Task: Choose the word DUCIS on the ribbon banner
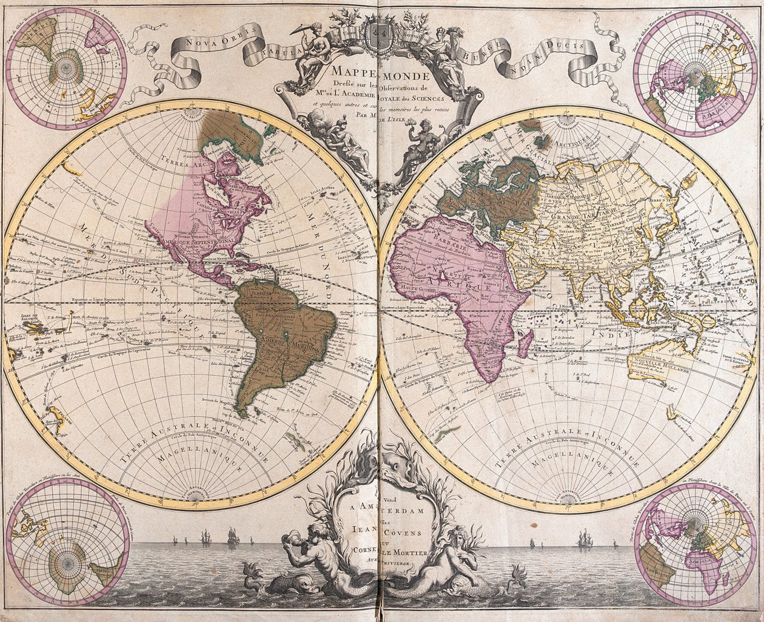[x=566, y=46]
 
